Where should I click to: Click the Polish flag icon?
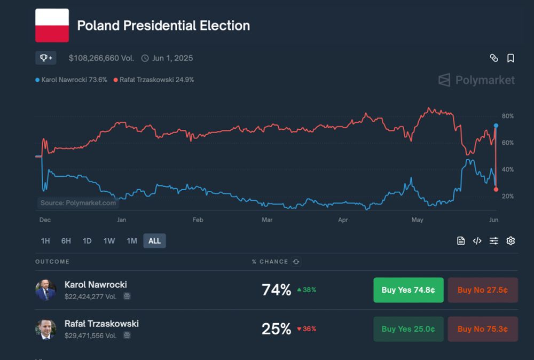(52, 25)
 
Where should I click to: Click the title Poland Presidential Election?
(163, 26)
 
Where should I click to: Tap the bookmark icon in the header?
(511, 58)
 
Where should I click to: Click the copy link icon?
(494, 58)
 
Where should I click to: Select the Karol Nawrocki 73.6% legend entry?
(71, 80)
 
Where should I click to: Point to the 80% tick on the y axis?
(507, 116)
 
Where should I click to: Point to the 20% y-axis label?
(507, 197)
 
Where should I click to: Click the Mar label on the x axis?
(267, 220)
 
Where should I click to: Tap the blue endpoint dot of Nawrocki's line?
(496, 126)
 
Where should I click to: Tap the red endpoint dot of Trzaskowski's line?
(496, 190)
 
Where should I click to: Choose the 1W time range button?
(109, 241)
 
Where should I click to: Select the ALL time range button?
(154, 241)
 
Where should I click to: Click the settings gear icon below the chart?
(511, 241)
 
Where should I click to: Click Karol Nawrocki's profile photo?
(45, 290)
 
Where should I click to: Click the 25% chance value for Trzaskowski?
(276, 329)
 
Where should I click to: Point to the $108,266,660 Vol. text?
(101, 58)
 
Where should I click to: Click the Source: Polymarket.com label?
(78, 203)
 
